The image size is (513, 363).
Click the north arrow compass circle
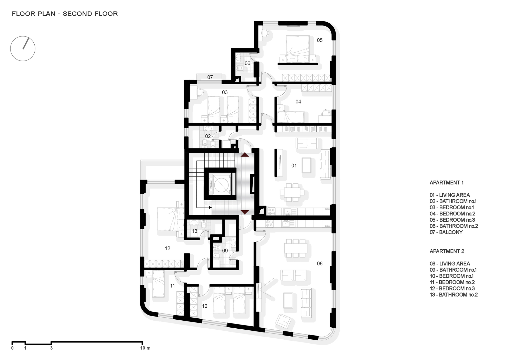point(23,48)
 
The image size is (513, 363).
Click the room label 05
point(320,40)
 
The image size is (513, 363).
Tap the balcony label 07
point(210,77)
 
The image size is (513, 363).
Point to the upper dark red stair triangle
point(245,155)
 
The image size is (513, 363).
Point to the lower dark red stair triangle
point(245,212)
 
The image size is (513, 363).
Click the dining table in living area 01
point(292,192)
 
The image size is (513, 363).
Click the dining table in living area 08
point(296,248)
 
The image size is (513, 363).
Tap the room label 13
point(194,231)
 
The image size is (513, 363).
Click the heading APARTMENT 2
point(447,251)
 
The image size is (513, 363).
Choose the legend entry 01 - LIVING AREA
point(450,195)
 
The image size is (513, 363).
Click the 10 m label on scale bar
point(145,348)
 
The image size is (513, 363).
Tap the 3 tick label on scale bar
point(51,348)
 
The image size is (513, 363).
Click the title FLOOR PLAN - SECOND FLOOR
point(65,14)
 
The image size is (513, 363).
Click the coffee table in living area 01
point(307,165)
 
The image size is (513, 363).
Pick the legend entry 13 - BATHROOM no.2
point(453,295)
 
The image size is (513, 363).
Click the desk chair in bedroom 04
point(325,112)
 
